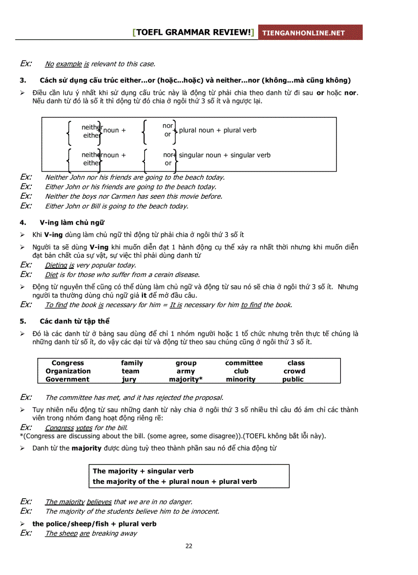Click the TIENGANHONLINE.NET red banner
click(x=310, y=33)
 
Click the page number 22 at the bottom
click(x=189, y=546)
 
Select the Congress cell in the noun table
click(x=68, y=363)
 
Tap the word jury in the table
click(x=129, y=379)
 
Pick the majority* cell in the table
click(x=185, y=379)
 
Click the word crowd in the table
click(x=294, y=371)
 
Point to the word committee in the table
click(x=244, y=363)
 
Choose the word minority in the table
click(x=241, y=379)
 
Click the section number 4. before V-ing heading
click(x=23, y=223)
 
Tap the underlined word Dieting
click(x=56, y=265)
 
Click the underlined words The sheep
click(x=61, y=534)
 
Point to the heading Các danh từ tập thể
click(x=75, y=322)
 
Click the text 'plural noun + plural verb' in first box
click(x=218, y=130)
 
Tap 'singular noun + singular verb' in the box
click(x=224, y=155)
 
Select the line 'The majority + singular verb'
click(x=143, y=471)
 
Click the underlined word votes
click(x=84, y=428)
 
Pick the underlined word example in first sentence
click(x=69, y=64)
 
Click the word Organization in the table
click(x=68, y=371)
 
